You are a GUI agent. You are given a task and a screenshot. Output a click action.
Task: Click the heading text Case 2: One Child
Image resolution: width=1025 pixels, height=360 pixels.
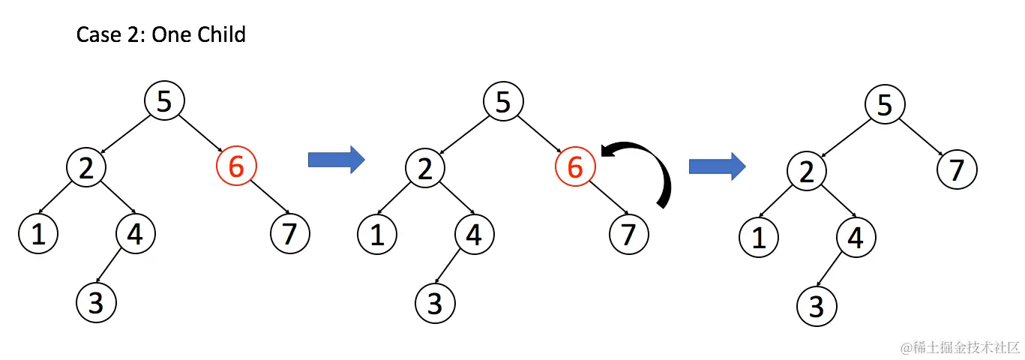click(161, 35)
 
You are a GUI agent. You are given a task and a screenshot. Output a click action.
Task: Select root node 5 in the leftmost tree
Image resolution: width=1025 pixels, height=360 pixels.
click(164, 101)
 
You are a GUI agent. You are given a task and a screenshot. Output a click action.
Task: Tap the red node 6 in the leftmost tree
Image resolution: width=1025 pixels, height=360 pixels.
click(236, 167)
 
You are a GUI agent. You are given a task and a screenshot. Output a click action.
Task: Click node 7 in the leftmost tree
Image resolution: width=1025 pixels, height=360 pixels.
click(289, 234)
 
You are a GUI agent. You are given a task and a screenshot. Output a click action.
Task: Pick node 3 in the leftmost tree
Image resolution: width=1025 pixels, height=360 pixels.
click(97, 302)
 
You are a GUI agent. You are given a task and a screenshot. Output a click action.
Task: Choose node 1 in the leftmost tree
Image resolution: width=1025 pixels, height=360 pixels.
click(38, 234)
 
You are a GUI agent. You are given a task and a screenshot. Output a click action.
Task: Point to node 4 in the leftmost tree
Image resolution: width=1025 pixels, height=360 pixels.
click(136, 234)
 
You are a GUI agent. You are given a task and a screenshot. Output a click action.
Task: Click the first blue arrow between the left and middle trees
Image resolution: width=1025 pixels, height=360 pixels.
click(336, 159)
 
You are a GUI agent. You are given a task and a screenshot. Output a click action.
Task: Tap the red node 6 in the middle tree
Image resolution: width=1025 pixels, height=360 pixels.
click(575, 167)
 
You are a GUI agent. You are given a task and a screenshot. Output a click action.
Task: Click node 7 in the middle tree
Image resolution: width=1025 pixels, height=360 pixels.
click(628, 234)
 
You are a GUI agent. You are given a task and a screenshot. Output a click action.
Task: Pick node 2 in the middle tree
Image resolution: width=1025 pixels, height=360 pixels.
click(426, 167)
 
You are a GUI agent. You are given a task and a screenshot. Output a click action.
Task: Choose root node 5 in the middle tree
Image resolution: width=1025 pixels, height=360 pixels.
click(503, 101)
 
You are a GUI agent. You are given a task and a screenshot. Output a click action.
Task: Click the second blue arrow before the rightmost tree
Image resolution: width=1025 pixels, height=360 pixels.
click(717, 166)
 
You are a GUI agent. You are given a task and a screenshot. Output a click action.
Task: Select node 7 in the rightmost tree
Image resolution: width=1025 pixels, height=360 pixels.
click(957, 171)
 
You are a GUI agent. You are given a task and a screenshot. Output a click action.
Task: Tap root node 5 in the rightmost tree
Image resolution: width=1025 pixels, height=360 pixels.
click(885, 105)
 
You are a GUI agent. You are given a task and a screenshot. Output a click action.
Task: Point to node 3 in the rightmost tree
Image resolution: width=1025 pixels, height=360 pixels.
click(817, 307)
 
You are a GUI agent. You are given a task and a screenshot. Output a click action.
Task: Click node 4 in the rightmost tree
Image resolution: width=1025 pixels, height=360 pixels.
click(856, 238)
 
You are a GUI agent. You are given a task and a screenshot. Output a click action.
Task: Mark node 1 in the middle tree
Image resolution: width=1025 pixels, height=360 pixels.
click(377, 234)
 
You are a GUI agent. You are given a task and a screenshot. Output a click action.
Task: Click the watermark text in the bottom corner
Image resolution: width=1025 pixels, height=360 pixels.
click(961, 347)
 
